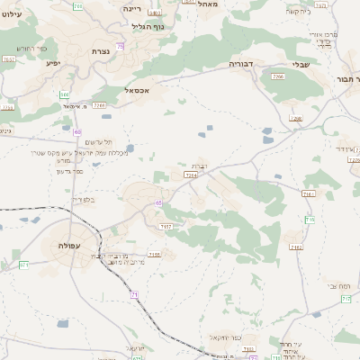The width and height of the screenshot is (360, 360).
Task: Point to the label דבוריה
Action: pyautogui.click(x=244, y=65)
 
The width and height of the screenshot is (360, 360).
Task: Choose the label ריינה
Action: pyautogui.click(x=132, y=7)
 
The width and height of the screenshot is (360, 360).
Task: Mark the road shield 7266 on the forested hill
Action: pyautogui.click(x=278, y=78)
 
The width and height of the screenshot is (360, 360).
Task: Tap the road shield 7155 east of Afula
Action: pyautogui.click(x=154, y=254)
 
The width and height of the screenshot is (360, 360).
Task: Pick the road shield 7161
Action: pyautogui.click(x=309, y=193)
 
